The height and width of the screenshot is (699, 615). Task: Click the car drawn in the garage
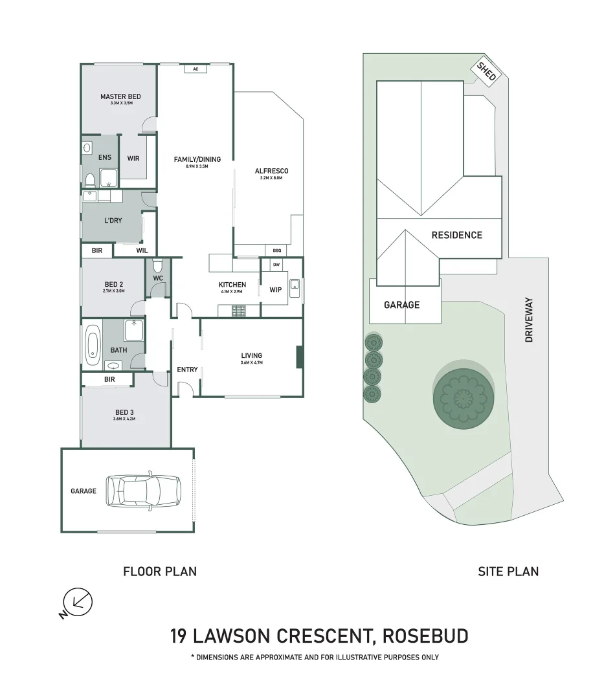(x=142, y=490)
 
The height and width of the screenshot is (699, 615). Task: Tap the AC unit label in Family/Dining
(x=195, y=69)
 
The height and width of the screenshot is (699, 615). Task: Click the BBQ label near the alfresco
(x=277, y=250)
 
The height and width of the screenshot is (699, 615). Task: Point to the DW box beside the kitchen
(x=276, y=265)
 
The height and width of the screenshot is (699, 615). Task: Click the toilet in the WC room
(x=157, y=266)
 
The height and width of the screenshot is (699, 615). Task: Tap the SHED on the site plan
(x=486, y=71)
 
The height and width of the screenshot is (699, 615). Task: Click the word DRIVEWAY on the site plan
(x=529, y=320)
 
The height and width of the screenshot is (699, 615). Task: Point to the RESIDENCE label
(x=456, y=235)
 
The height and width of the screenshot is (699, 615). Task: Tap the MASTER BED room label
(x=120, y=97)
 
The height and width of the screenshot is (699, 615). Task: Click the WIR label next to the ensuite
(x=133, y=158)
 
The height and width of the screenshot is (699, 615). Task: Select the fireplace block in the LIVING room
(x=299, y=357)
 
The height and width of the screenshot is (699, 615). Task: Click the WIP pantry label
(x=275, y=289)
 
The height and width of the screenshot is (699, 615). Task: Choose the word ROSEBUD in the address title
(x=425, y=636)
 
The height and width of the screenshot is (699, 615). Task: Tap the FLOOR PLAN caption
(x=160, y=571)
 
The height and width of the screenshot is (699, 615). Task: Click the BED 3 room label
(x=113, y=412)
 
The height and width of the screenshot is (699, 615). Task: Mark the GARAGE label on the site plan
(x=401, y=305)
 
